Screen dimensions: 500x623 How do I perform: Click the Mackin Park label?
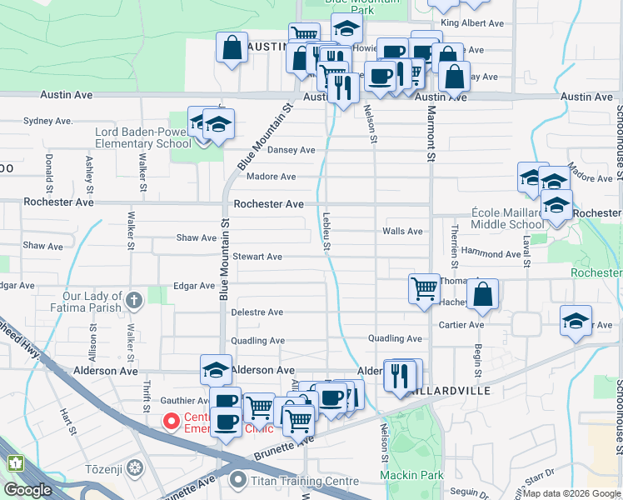411,475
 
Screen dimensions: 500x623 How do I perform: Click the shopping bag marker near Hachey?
483,294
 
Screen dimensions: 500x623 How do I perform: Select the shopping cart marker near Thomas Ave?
425,289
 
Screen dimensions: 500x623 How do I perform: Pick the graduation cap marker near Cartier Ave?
576,321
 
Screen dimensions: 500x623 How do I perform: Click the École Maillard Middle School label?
508,218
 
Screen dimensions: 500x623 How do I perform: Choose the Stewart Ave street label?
257,257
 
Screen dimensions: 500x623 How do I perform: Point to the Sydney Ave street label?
43,121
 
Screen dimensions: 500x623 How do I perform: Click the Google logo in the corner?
27,490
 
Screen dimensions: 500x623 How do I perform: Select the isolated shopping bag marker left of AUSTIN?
232,47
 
